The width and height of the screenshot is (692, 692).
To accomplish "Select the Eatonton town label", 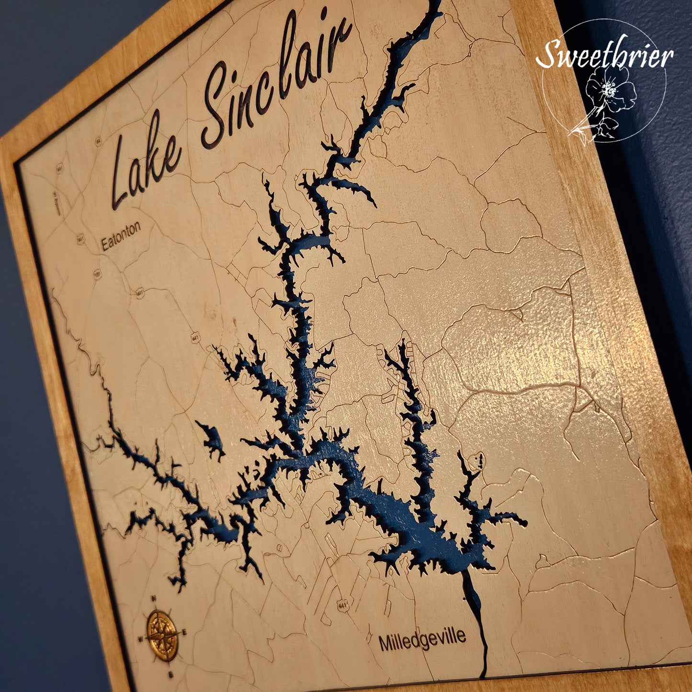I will tap(121, 235).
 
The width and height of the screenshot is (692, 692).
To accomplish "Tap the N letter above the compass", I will tap(154, 598).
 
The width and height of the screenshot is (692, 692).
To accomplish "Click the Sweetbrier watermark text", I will tap(604, 54).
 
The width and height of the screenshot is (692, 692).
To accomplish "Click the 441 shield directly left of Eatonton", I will tap(80, 238).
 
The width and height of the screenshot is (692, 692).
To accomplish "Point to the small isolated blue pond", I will tap(211, 438).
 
